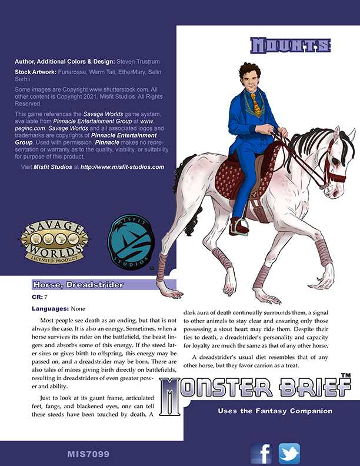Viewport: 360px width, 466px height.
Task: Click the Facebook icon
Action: click(261, 454)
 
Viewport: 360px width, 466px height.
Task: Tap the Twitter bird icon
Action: click(289, 454)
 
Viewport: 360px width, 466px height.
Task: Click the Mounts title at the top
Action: click(289, 46)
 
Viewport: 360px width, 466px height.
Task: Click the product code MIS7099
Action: click(88, 454)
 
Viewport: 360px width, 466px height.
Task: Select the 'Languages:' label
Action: click(49, 308)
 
